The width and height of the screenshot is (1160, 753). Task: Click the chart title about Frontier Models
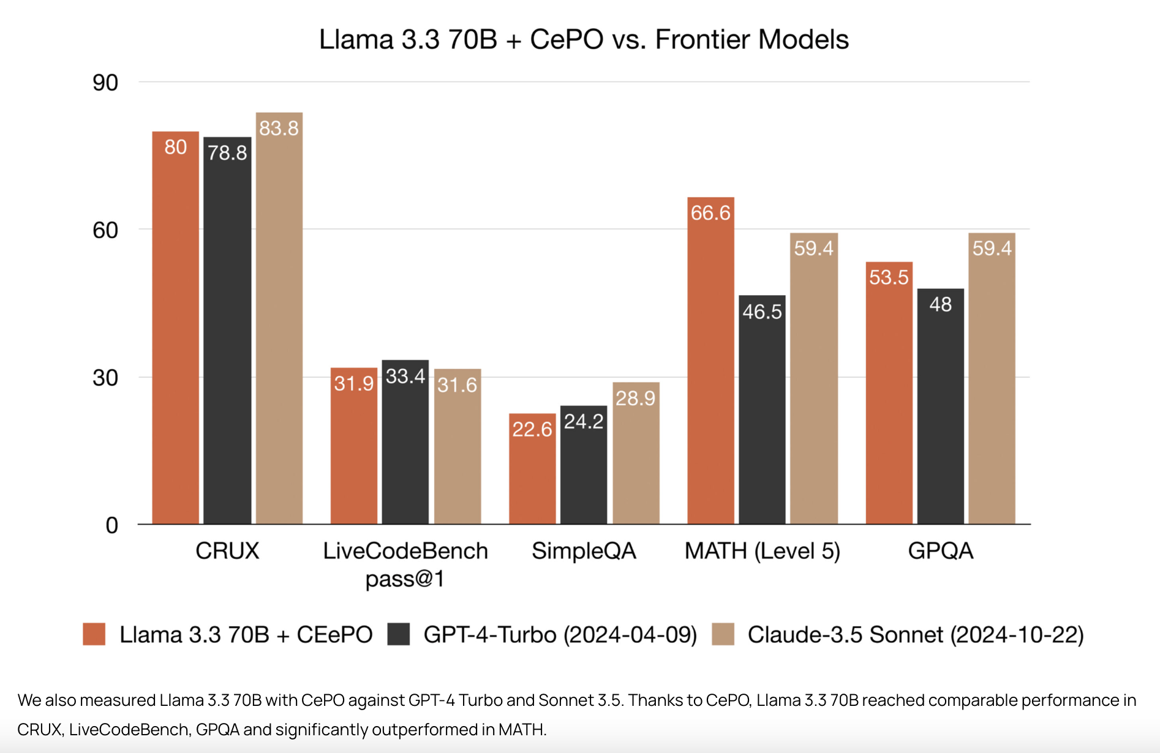coord(584,40)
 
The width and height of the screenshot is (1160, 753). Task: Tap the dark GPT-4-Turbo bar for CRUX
coord(227,331)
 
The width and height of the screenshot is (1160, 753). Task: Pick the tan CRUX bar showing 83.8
coord(279,318)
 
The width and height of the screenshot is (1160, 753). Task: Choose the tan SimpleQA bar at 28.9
coord(636,453)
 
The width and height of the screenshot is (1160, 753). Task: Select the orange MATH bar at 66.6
coord(710,361)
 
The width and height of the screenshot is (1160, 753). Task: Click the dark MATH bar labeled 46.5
coord(762,410)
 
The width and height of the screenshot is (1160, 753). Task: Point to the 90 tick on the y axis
coord(105,83)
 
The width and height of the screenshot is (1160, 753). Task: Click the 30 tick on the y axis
coord(105,378)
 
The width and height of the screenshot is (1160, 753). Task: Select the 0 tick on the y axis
coord(111,525)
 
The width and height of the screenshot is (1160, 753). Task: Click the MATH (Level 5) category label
coord(762,551)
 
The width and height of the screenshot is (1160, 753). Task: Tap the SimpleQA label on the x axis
coord(584,551)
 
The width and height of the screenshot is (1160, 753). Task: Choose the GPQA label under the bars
coord(941,551)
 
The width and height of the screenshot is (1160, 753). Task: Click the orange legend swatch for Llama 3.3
coord(94,634)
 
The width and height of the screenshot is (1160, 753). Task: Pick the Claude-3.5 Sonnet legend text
coord(916,635)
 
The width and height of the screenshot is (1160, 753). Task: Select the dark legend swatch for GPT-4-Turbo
coord(399,634)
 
